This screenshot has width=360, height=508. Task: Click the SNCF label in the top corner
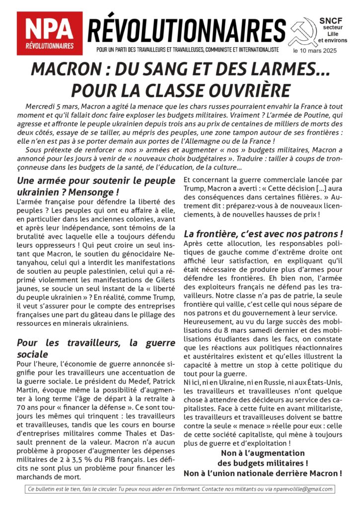[x=328, y=20]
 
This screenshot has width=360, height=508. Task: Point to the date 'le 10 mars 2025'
[x=317, y=51]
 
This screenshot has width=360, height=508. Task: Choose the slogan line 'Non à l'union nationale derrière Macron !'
[x=263, y=474]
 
